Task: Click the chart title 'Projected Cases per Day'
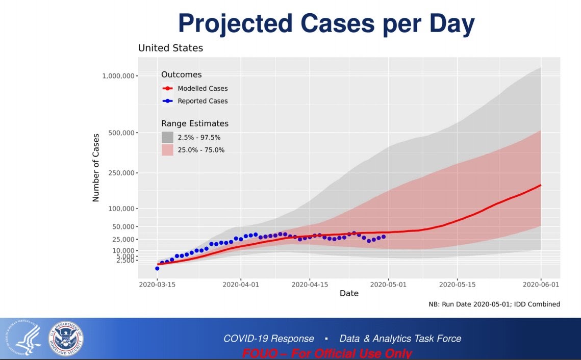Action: click(x=326, y=23)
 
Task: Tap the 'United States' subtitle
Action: click(x=170, y=48)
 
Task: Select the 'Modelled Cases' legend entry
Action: click(x=203, y=89)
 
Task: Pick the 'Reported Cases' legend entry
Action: click(x=203, y=101)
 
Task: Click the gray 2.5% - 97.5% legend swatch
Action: click(x=167, y=137)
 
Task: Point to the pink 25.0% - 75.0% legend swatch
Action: click(x=167, y=150)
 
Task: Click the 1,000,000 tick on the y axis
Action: click(x=118, y=76)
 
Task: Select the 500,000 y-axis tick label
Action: click(x=122, y=133)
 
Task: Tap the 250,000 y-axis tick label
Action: click(x=122, y=173)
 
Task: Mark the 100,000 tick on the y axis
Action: click(x=122, y=209)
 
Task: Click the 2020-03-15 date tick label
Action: click(x=157, y=285)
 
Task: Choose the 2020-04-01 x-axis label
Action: click(x=241, y=285)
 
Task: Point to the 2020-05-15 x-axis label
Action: click(x=457, y=285)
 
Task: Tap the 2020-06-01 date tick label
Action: click(x=541, y=285)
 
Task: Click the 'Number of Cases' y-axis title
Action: click(x=96, y=168)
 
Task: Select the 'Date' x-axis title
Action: click(x=349, y=294)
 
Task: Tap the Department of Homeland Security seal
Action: click(x=66, y=339)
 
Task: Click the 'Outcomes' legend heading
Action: click(x=181, y=75)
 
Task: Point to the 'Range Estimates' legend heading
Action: click(x=195, y=124)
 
